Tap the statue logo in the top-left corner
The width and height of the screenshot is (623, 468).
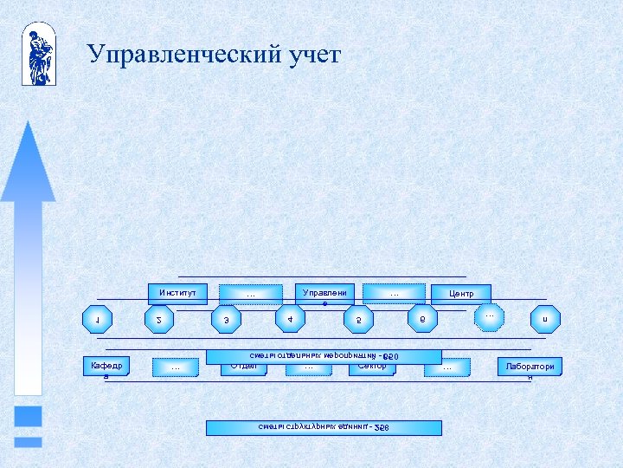click(39, 54)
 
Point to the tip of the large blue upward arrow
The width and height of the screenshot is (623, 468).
click(29, 124)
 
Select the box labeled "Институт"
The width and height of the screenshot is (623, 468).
click(177, 293)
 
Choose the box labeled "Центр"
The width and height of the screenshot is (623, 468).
click(460, 294)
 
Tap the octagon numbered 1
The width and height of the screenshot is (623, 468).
click(97, 320)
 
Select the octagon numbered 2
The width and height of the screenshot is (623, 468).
click(158, 320)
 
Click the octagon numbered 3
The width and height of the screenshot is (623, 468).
click(227, 320)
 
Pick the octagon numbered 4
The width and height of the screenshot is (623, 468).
click(289, 318)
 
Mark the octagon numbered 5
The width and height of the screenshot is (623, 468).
click(358, 320)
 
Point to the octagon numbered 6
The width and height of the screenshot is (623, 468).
click(422, 318)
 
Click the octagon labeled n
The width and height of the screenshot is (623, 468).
click(545, 320)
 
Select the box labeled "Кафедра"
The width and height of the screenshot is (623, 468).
click(106, 367)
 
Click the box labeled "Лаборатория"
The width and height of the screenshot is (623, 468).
click(530, 367)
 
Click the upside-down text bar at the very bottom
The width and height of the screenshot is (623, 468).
click(324, 427)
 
